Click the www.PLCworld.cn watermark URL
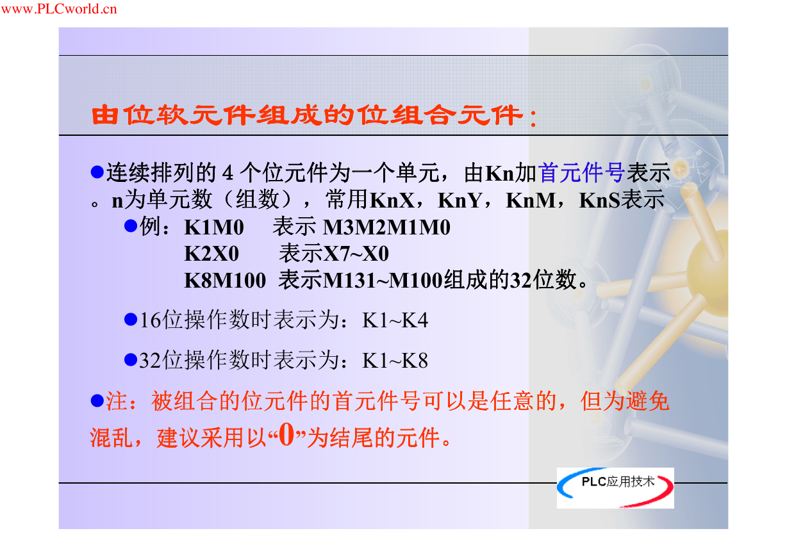[59, 8]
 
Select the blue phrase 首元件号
[581, 172]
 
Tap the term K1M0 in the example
[214, 227]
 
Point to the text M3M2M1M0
[386, 227]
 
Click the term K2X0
[211, 253]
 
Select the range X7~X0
[356, 253]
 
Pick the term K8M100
[225, 281]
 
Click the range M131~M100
[383, 281]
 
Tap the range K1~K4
[395, 320]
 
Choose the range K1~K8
[395, 361]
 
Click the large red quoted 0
[286, 434]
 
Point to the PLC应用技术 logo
[615, 487]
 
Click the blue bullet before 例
[131, 226]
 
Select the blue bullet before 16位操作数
[131, 319]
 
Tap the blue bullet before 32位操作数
[131, 359]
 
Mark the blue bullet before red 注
[97, 400]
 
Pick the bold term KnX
[392, 200]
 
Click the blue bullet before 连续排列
[97, 172]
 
